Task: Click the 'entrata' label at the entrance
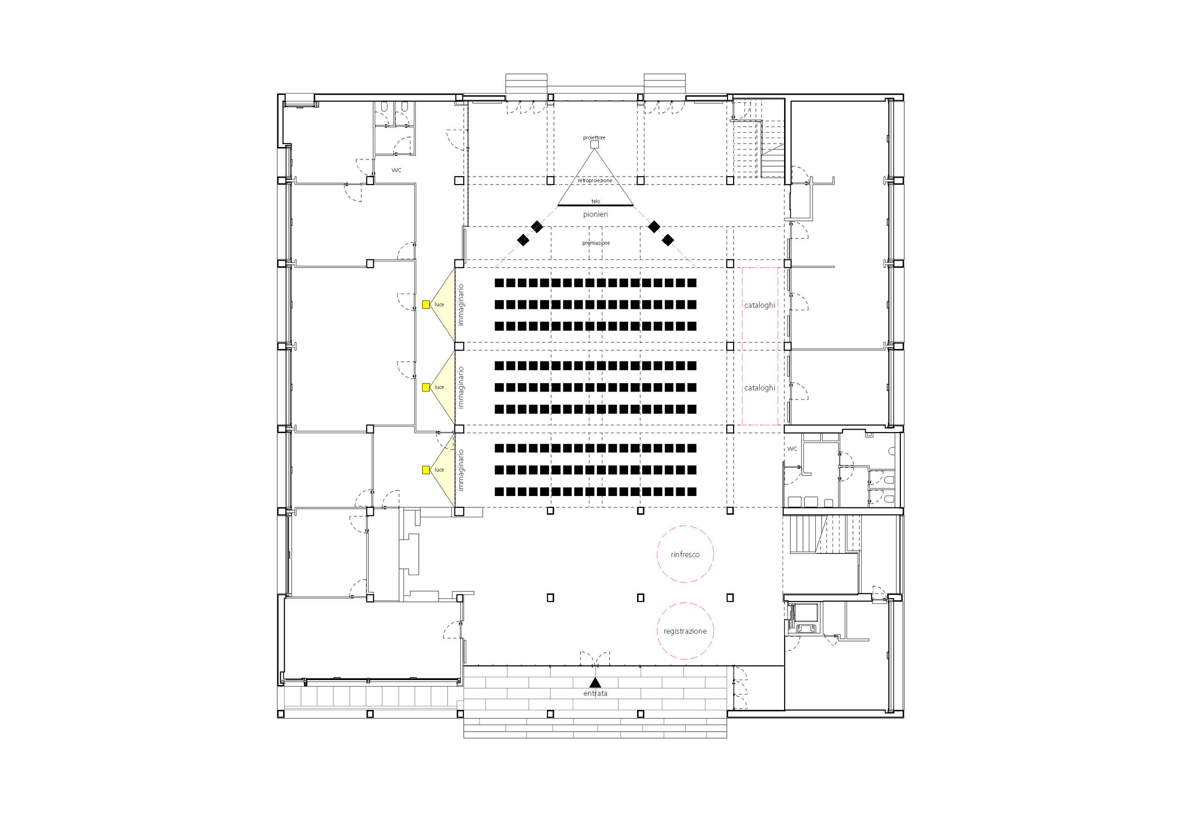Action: point(595,693)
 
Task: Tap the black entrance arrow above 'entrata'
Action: point(595,683)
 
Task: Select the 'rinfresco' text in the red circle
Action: point(685,554)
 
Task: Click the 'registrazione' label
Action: point(685,631)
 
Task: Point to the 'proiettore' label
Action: point(594,138)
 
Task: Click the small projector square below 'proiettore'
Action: point(594,145)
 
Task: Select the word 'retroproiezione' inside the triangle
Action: point(595,181)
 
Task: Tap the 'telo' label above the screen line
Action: point(595,201)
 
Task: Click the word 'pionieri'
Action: point(595,214)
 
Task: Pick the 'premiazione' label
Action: point(596,243)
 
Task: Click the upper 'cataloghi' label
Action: point(759,305)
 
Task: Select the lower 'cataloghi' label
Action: point(759,388)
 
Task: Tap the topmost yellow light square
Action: point(426,305)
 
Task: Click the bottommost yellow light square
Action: point(426,470)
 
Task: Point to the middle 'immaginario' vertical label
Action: point(460,388)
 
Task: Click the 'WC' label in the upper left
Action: point(396,170)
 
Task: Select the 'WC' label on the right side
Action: point(792,449)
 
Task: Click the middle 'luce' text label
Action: point(439,387)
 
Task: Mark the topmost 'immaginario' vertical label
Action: point(460,305)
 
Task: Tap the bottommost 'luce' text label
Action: point(439,470)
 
